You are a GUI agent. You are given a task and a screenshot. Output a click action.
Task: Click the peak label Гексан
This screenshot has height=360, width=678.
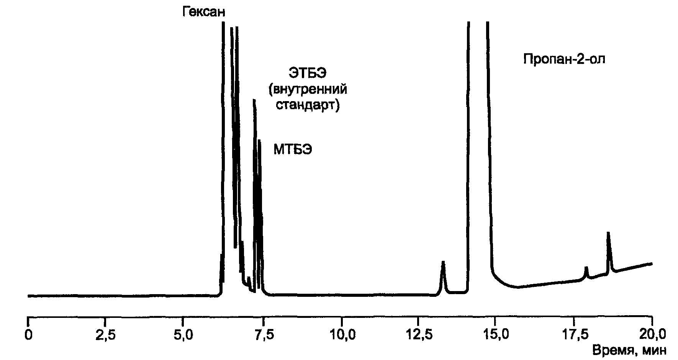pos(203,12)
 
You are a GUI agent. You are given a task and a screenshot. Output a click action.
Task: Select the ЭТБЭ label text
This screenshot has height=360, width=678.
pos(307,72)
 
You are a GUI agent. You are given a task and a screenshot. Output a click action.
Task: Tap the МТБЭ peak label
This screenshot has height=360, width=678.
pos(293,149)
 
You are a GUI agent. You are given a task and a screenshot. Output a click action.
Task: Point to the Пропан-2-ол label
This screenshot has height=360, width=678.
pos(564,59)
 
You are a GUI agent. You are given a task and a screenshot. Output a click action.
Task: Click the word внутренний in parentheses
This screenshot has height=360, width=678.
pos(308,89)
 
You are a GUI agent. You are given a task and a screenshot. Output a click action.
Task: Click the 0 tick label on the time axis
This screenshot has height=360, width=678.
pos(28,334)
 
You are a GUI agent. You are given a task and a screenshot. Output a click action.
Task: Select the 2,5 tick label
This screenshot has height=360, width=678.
pos(105,334)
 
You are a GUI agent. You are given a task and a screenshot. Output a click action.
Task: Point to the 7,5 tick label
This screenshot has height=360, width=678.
pos(264,334)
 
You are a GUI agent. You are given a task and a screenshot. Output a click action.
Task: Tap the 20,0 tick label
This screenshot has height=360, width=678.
pos(652,334)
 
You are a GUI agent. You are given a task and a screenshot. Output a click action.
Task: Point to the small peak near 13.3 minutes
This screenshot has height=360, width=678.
pos(443,262)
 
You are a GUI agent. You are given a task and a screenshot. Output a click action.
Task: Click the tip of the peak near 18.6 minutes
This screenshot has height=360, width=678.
pos(608,233)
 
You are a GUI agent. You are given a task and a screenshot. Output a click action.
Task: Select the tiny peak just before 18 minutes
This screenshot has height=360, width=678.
pos(586,268)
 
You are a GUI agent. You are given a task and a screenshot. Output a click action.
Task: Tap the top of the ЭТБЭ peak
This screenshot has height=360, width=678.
pos(254,100)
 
